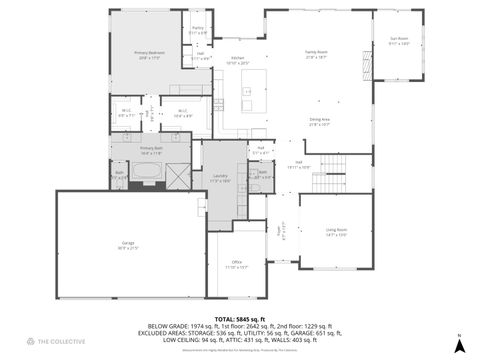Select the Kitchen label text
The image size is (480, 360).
click(x=237, y=60)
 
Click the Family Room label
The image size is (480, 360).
click(x=317, y=54)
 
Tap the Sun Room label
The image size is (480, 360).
click(x=399, y=41)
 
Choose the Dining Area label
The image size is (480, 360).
click(x=320, y=121)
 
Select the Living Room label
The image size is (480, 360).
click(x=335, y=232)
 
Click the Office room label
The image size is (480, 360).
click(x=236, y=264)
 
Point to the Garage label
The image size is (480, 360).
click(x=128, y=245)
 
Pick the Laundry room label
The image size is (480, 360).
click(x=220, y=179)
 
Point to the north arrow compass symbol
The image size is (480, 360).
click(x=459, y=343)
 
